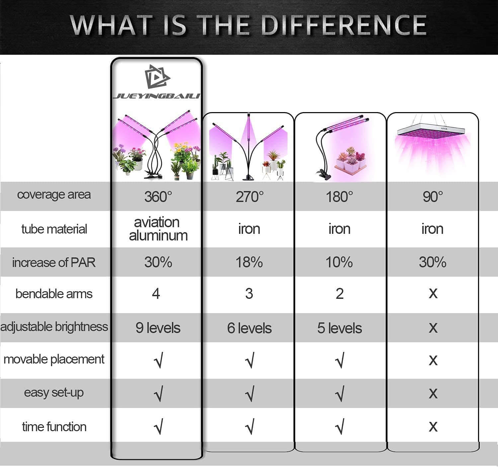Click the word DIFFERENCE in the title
(x=344, y=25)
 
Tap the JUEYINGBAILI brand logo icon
(x=157, y=77)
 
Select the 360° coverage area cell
(x=158, y=197)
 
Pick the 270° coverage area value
(x=250, y=197)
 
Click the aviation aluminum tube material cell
(x=158, y=229)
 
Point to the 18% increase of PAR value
(x=249, y=262)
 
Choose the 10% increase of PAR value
(x=339, y=262)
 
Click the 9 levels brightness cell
(x=158, y=328)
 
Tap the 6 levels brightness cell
(x=249, y=328)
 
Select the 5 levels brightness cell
(x=340, y=328)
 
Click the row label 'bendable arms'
(x=54, y=294)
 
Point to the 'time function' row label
(x=54, y=427)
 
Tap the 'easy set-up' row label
(x=54, y=393)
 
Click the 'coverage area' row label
(x=54, y=195)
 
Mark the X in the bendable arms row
(x=433, y=294)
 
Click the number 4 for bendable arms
(x=156, y=294)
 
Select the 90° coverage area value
(x=433, y=197)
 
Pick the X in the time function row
(x=433, y=427)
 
